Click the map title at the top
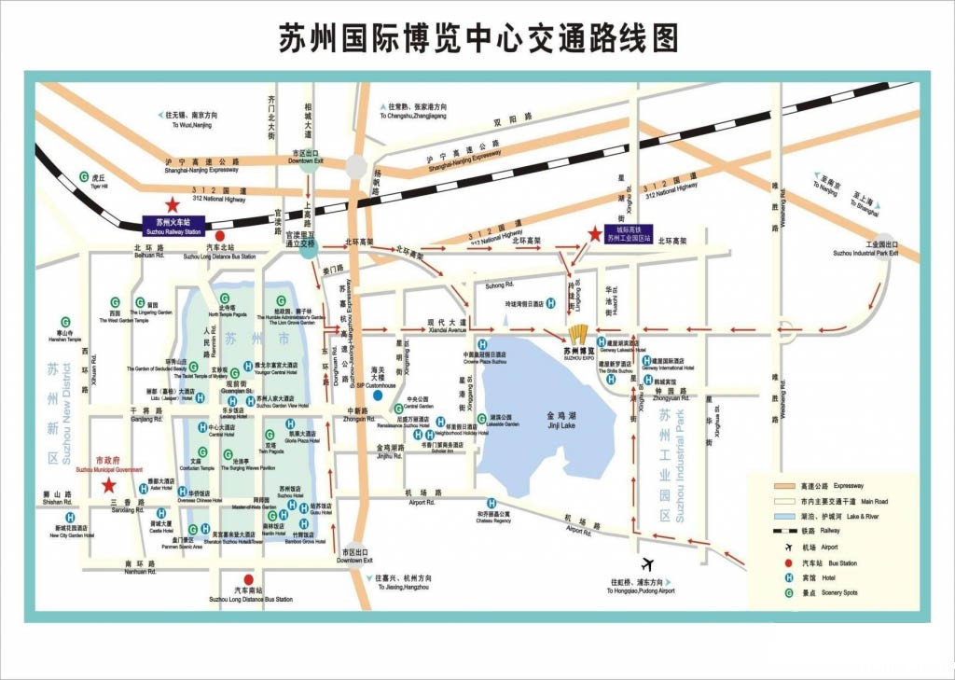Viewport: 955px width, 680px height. coord(477,38)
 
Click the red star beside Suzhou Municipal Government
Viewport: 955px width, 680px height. coord(110,485)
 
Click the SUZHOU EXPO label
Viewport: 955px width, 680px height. coord(578,354)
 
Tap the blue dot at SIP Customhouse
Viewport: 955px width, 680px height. coord(378,395)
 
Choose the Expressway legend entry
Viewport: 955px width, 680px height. coord(821,486)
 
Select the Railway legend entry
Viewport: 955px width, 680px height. coord(821,531)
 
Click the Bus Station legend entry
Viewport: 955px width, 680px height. coord(821,562)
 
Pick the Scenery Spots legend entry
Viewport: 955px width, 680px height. coord(821,592)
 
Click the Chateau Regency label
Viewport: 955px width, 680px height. coord(494,518)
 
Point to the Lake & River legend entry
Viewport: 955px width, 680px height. coord(821,516)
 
